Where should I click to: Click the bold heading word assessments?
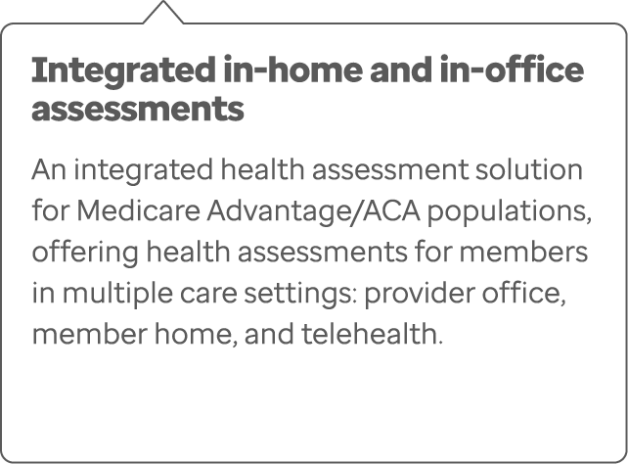(x=137, y=108)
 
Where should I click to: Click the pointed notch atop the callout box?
(x=162, y=12)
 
